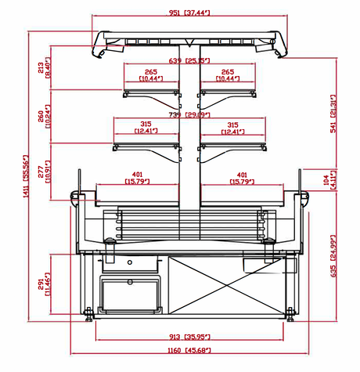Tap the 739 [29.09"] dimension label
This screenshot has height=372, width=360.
coord(189,114)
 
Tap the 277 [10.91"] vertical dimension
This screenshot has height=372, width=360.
coord(45,164)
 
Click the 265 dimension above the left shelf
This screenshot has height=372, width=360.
coord(150,74)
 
